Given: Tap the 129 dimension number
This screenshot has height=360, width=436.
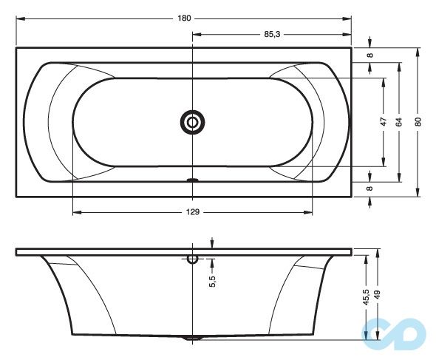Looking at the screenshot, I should [193, 212].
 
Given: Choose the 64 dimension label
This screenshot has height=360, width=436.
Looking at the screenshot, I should [399, 123].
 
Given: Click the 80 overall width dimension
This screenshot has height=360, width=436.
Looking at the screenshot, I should [418, 123].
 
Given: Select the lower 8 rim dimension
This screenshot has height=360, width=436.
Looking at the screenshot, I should [370, 189].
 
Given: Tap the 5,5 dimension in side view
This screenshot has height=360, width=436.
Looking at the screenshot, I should [212, 281].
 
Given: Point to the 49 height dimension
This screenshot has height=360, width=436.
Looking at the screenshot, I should [377, 295].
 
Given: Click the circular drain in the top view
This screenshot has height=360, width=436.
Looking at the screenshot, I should [193, 123].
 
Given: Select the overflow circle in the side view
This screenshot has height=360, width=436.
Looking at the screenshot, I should [193, 259].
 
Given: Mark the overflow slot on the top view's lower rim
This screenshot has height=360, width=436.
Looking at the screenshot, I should [193, 180].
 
